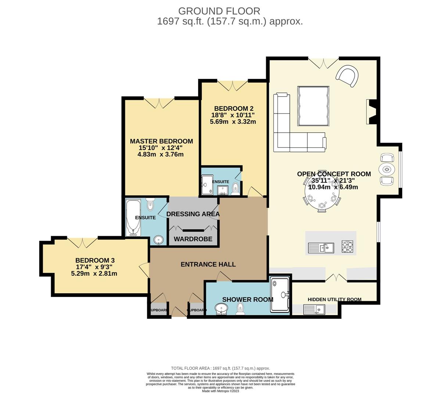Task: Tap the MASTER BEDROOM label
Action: pos(161,141)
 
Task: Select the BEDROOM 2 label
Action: pos(234,109)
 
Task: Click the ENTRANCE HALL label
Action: pos(208,264)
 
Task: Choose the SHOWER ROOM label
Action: pos(248,299)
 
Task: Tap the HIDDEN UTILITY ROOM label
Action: pos(334,299)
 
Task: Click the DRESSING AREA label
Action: pos(193,214)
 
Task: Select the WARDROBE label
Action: pos(193,239)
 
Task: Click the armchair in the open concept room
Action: pos(347,77)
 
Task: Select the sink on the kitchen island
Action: pos(321,248)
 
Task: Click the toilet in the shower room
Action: pos(241,309)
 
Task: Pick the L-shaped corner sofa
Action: pos(290,132)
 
